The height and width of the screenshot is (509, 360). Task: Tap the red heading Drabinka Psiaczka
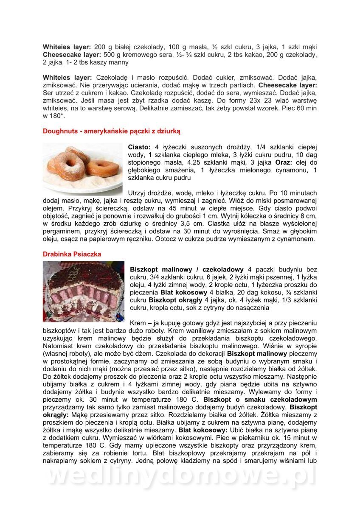[72, 254]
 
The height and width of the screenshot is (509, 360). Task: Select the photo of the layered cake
[84, 291]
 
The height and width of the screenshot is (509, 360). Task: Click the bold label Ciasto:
[139, 147]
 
